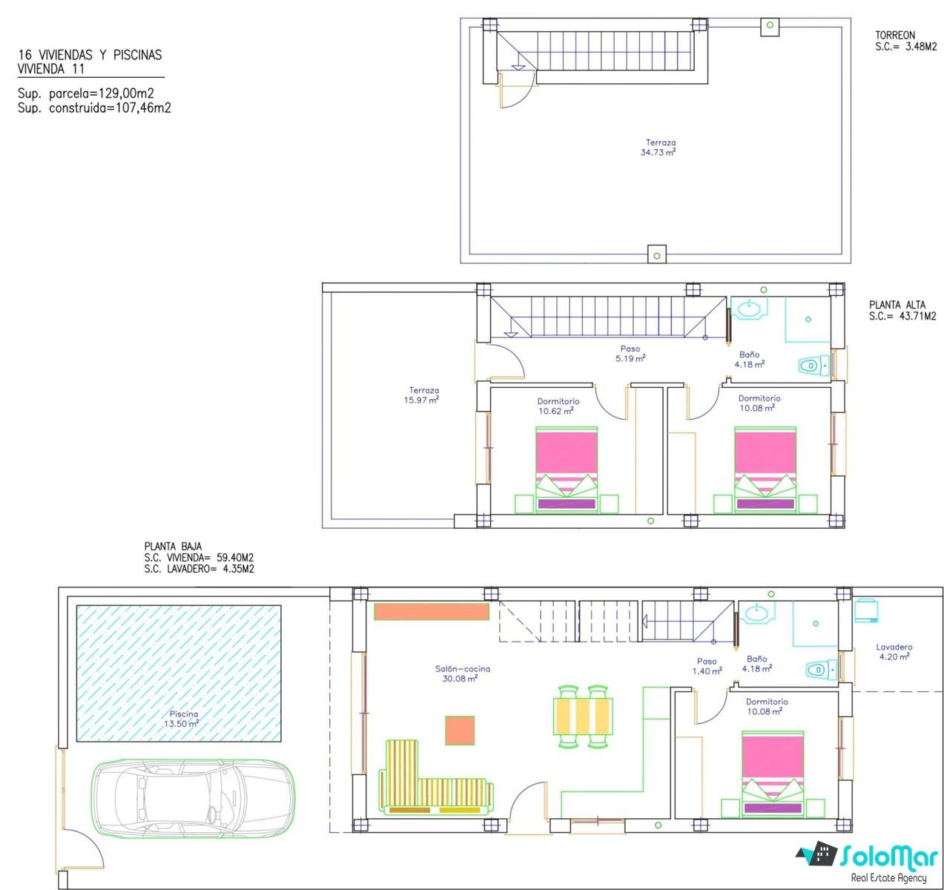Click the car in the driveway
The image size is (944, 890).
point(193,797)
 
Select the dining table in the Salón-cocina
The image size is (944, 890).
point(583,716)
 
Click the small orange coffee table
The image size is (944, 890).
point(460,731)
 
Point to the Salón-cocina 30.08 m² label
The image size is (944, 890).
point(461,673)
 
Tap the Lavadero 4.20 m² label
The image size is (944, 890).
point(894,652)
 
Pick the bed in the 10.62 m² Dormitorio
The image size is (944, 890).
point(566,469)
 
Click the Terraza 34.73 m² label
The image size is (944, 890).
point(659,148)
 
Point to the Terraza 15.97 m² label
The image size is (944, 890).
point(422,395)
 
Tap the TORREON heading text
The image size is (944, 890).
point(895,35)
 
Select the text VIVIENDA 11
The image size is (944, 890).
point(51,69)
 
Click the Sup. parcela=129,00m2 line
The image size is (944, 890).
point(86,93)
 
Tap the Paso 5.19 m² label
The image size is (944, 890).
point(630,353)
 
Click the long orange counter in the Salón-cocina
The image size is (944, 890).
point(432,611)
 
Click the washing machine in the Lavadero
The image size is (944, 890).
point(866,611)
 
